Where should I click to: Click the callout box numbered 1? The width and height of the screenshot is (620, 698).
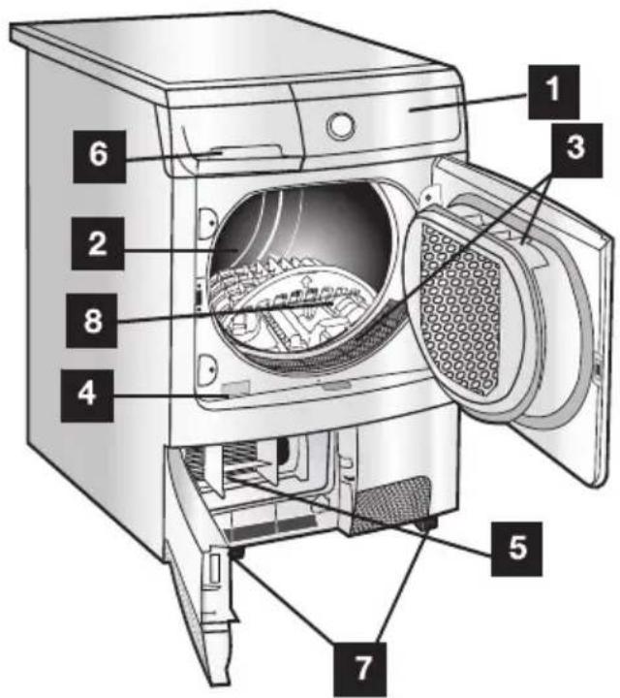click(x=553, y=92)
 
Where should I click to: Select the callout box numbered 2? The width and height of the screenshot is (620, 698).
click(x=98, y=243)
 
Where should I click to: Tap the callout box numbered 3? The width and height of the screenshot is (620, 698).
click(x=575, y=150)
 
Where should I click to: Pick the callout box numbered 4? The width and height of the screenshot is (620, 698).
click(x=87, y=396)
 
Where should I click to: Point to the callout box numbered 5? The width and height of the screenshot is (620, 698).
click(x=516, y=549)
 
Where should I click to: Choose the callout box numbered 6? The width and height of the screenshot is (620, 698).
click(x=99, y=156)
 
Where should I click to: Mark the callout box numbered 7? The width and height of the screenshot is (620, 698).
click(x=360, y=669)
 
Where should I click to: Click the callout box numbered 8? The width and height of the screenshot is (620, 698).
click(x=92, y=320)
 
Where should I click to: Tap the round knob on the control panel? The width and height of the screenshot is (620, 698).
click(x=341, y=125)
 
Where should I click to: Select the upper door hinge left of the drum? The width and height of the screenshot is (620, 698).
click(x=207, y=221)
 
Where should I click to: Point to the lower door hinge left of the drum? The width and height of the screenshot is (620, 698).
click(x=207, y=368)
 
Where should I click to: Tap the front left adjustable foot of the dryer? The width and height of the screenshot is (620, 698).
click(x=235, y=555)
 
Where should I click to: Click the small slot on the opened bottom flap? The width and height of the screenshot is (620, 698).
click(x=215, y=570)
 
